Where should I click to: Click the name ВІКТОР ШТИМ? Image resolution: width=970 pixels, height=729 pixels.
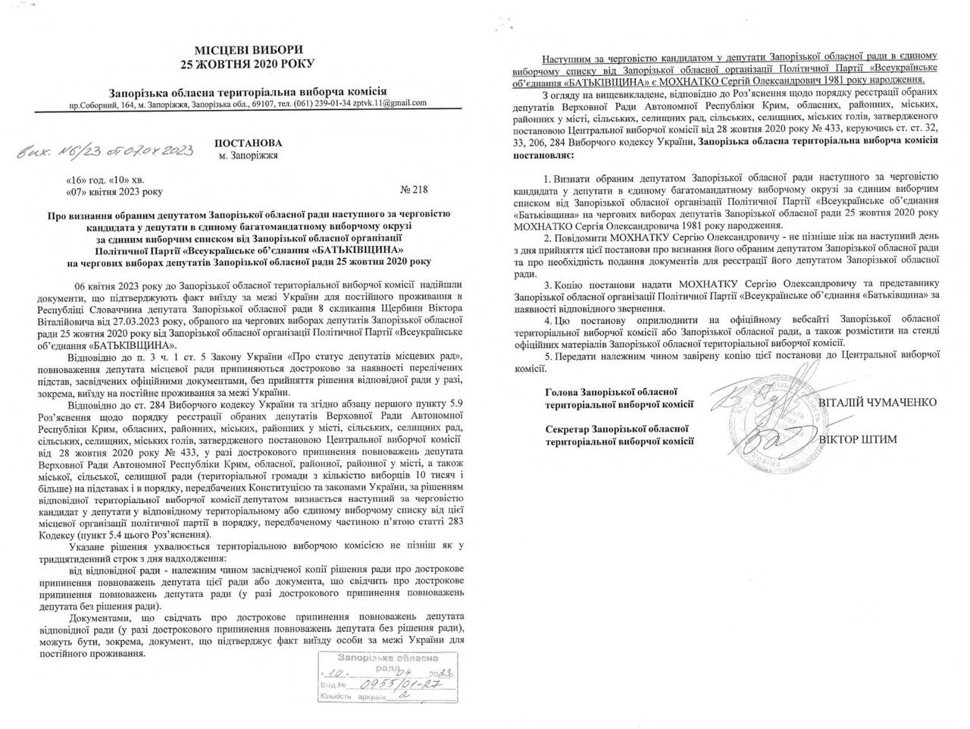(x=858, y=439)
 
